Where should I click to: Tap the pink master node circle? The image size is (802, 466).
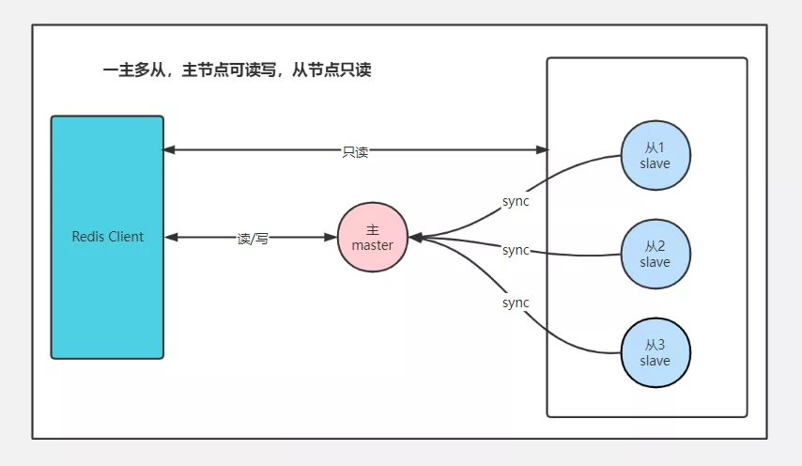pyautogui.click(x=373, y=237)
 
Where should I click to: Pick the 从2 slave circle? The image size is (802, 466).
pyautogui.click(x=655, y=254)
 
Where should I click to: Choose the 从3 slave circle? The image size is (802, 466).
pyautogui.click(x=655, y=352)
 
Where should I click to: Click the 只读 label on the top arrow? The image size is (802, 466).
pyautogui.click(x=355, y=151)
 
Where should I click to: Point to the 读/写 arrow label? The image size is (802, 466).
pyautogui.click(x=253, y=239)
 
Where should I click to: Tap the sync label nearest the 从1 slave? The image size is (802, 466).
pyautogui.click(x=516, y=201)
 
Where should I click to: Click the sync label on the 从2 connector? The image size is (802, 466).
pyautogui.click(x=516, y=250)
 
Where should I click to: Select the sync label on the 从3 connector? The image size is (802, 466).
pyautogui.click(x=516, y=303)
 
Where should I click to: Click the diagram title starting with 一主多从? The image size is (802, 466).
pyautogui.click(x=237, y=70)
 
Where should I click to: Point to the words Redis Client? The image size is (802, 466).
pyautogui.click(x=108, y=237)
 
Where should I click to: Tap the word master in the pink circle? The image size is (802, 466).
pyautogui.click(x=373, y=245)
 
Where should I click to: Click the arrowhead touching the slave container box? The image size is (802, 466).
pyautogui.click(x=542, y=149)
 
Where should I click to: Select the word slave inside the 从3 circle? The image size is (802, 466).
pyautogui.click(x=655, y=361)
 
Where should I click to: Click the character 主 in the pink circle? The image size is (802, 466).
pyautogui.click(x=373, y=229)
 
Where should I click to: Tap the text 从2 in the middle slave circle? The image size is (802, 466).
pyautogui.click(x=655, y=246)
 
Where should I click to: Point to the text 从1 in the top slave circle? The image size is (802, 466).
pyautogui.click(x=655, y=148)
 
